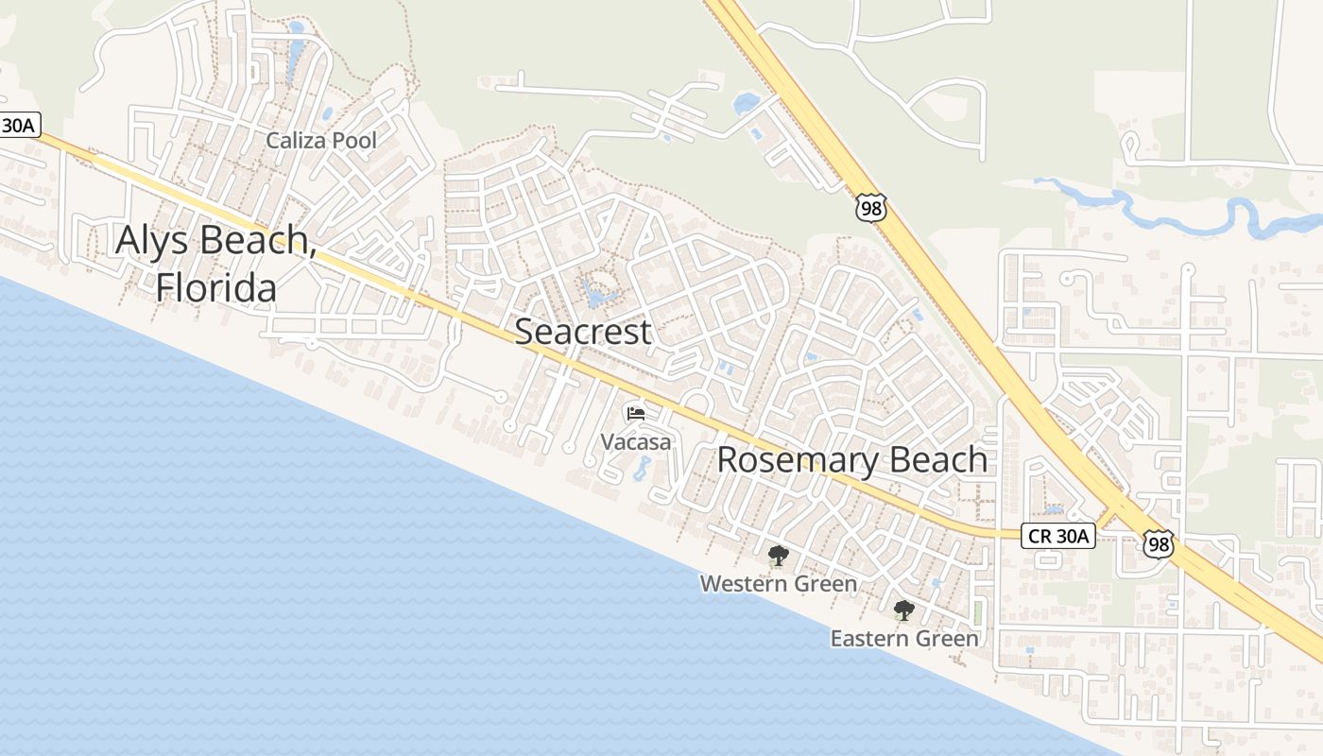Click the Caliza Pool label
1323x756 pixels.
click(x=321, y=141)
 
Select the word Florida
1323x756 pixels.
click(x=216, y=287)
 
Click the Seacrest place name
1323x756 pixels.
click(x=583, y=332)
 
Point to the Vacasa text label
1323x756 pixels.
click(x=636, y=441)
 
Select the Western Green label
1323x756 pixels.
click(x=778, y=584)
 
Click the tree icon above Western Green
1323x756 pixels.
click(x=778, y=556)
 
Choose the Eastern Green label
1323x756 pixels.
click(x=904, y=639)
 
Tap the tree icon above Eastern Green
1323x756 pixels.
click(x=904, y=610)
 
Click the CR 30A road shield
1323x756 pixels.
click(x=1057, y=537)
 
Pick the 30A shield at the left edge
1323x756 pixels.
click(x=19, y=125)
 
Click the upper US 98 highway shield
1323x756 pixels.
click(x=871, y=208)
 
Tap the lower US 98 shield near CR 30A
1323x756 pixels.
click(x=1158, y=542)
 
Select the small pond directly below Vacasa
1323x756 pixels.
click(x=643, y=468)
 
